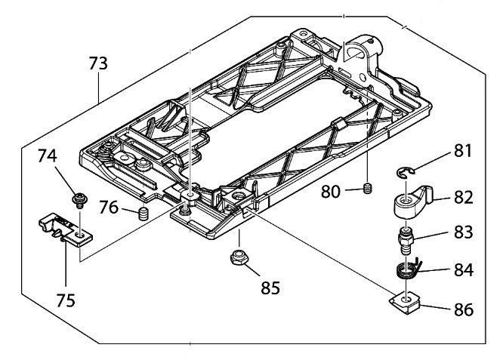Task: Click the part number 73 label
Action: (x=98, y=63)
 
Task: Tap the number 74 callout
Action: (x=47, y=155)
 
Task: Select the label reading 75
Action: (x=66, y=300)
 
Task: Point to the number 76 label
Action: (x=109, y=207)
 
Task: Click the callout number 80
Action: (x=331, y=192)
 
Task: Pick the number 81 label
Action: (x=463, y=151)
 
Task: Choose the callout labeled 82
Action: (x=463, y=198)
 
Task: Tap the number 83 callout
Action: (x=463, y=232)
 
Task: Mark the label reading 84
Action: (x=464, y=270)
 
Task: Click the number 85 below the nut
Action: (x=270, y=288)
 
